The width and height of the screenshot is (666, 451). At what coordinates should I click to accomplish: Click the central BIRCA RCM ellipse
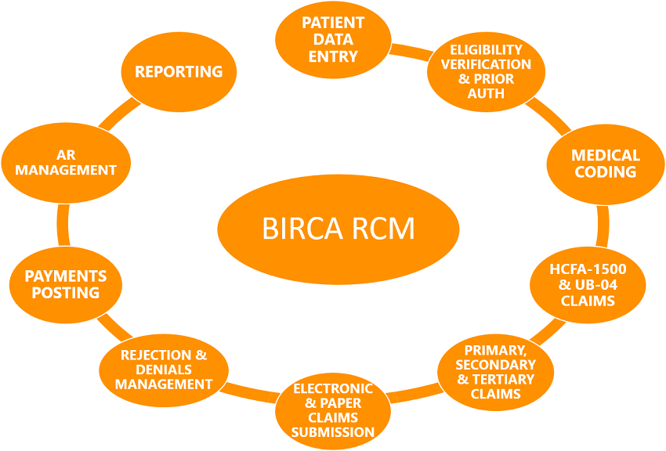337,229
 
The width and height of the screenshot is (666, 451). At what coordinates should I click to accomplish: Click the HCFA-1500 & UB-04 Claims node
588,284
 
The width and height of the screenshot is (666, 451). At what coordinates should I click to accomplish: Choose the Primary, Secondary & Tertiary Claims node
495,371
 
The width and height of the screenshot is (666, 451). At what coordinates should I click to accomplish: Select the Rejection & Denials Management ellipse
164,370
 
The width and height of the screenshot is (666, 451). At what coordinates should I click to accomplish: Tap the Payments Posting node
66,284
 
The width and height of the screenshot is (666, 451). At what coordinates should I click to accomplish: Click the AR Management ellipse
66,163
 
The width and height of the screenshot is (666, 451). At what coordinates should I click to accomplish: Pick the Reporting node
179,72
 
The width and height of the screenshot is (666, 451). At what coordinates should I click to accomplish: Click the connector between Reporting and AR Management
118,113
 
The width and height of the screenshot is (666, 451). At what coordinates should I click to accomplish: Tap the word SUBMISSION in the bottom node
333,432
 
